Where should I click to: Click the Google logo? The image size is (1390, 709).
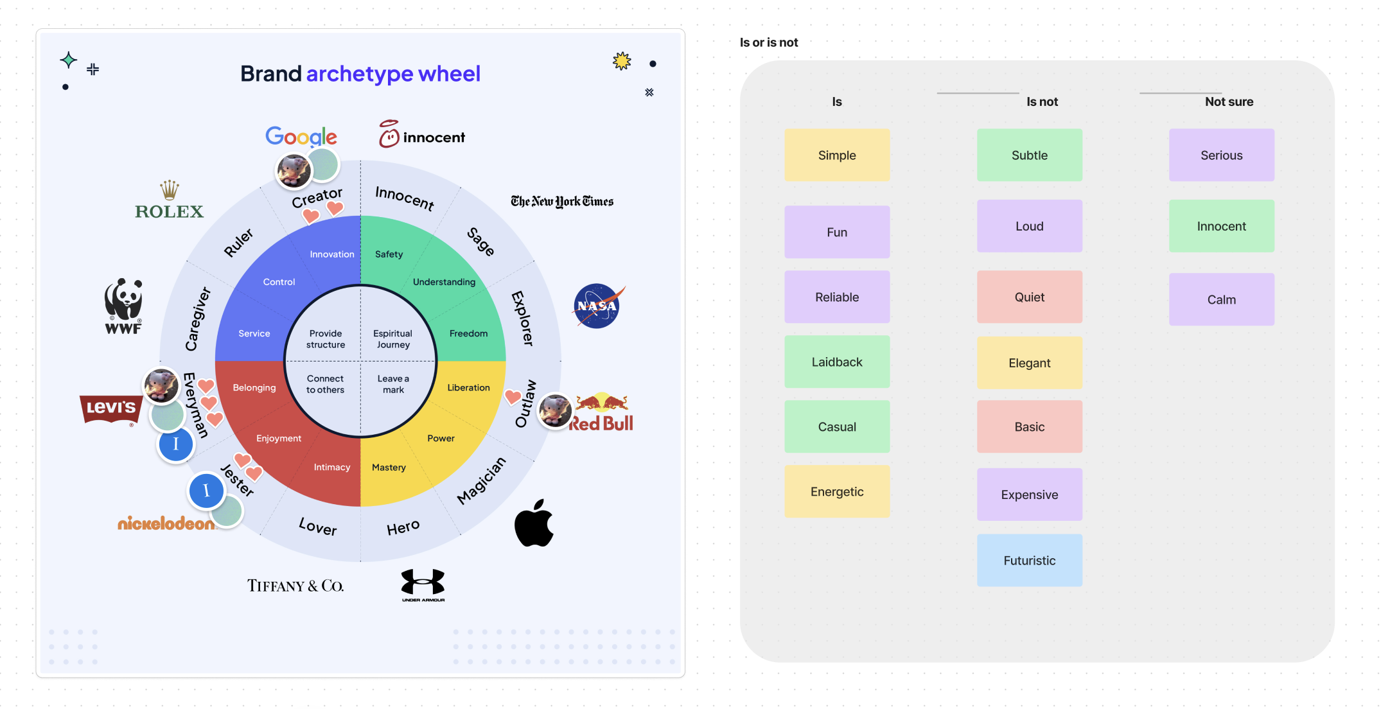click(x=301, y=136)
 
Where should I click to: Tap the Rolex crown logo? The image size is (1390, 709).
click(x=169, y=200)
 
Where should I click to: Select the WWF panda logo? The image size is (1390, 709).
click(x=123, y=306)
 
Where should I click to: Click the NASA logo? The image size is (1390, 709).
click(x=597, y=306)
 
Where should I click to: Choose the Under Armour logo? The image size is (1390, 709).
click(x=423, y=584)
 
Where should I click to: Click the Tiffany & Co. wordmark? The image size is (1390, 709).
click(x=295, y=586)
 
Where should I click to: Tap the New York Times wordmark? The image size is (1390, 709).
click(x=562, y=202)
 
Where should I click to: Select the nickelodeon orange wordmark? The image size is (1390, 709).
click(x=166, y=523)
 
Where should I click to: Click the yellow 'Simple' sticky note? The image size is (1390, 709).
click(x=836, y=155)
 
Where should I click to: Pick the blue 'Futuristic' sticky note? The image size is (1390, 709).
click(x=1029, y=560)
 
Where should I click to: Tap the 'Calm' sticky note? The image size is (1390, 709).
click(x=1221, y=299)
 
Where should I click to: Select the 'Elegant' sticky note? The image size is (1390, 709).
click(x=1029, y=363)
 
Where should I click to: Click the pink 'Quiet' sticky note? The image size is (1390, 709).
click(x=1029, y=297)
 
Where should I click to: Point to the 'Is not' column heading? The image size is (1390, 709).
click(x=1041, y=101)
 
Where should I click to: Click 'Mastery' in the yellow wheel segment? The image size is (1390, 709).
click(x=389, y=468)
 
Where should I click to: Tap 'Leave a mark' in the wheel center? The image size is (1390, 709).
click(x=393, y=384)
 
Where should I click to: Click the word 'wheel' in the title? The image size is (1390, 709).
click(x=449, y=74)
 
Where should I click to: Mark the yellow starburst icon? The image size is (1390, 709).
click(x=622, y=61)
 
